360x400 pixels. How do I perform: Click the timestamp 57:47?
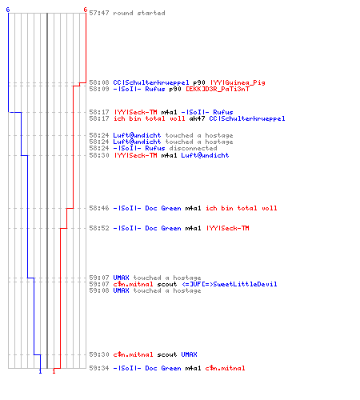click(x=99, y=13)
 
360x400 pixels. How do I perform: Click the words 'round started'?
click(x=139, y=13)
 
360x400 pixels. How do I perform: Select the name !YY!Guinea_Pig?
click(x=238, y=82)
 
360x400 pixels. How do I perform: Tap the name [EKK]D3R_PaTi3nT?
click(x=218, y=89)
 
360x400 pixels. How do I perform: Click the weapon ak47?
click(x=197, y=118)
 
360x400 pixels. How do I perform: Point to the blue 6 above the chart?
click(x=8, y=10)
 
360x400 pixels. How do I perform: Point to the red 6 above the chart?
click(x=86, y=10)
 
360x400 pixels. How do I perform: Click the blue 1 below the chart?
click(x=40, y=371)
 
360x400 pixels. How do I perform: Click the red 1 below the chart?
click(x=54, y=371)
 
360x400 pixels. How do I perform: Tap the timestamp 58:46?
click(x=99, y=208)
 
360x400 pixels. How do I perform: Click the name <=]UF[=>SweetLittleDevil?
click(x=230, y=284)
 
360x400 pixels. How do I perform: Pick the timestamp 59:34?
click(x=99, y=368)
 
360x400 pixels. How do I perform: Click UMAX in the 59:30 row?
click(x=189, y=354)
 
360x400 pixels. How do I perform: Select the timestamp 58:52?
click(x=99, y=228)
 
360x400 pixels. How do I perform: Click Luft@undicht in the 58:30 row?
click(x=205, y=155)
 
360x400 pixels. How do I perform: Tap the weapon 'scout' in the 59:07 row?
click(x=167, y=284)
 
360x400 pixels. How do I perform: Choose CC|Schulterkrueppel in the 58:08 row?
click(x=151, y=82)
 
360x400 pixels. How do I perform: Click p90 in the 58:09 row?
click(x=175, y=89)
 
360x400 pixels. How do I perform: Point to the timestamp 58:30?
click(x=99, y=155)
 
